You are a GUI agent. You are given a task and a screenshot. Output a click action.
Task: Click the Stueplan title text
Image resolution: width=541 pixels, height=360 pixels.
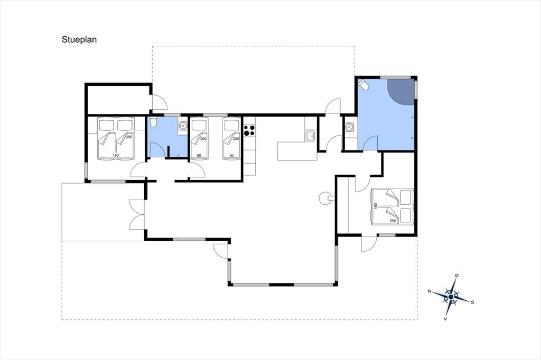click(79, 40)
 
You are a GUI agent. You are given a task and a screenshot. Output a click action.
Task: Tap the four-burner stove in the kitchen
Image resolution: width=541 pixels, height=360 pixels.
click(249, 131)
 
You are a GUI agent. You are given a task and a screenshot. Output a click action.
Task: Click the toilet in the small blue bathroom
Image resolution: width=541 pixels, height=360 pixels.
click(153, 122)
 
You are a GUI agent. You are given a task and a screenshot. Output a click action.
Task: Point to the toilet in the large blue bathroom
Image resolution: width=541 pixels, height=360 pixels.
click(363, 84)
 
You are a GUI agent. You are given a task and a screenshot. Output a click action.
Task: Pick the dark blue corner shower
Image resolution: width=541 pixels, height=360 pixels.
click(400, 92)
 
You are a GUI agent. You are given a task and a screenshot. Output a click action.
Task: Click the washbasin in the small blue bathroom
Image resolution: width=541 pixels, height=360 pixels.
click(182, 126)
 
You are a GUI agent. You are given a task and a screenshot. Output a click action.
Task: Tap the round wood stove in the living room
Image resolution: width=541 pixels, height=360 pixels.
click(325, 198)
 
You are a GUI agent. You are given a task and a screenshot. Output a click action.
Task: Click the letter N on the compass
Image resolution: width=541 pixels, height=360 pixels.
click(430, 291)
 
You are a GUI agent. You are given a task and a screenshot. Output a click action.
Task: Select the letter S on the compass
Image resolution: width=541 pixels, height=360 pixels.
click(472, 302)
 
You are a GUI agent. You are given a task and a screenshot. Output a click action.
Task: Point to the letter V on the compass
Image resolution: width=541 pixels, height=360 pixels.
click(445, 319)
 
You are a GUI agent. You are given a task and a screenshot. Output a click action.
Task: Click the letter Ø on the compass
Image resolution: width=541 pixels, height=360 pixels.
click(457, 275)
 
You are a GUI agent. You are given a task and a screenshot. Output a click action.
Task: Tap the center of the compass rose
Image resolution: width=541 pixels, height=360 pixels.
click(451, 297)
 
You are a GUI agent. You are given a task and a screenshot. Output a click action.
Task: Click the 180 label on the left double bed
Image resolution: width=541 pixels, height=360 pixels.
click(116, 156)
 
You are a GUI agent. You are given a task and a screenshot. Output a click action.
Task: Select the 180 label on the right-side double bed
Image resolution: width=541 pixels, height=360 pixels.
click(376, 206)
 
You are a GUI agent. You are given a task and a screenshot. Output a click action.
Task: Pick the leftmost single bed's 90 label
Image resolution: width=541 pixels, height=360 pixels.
click(199, 156)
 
